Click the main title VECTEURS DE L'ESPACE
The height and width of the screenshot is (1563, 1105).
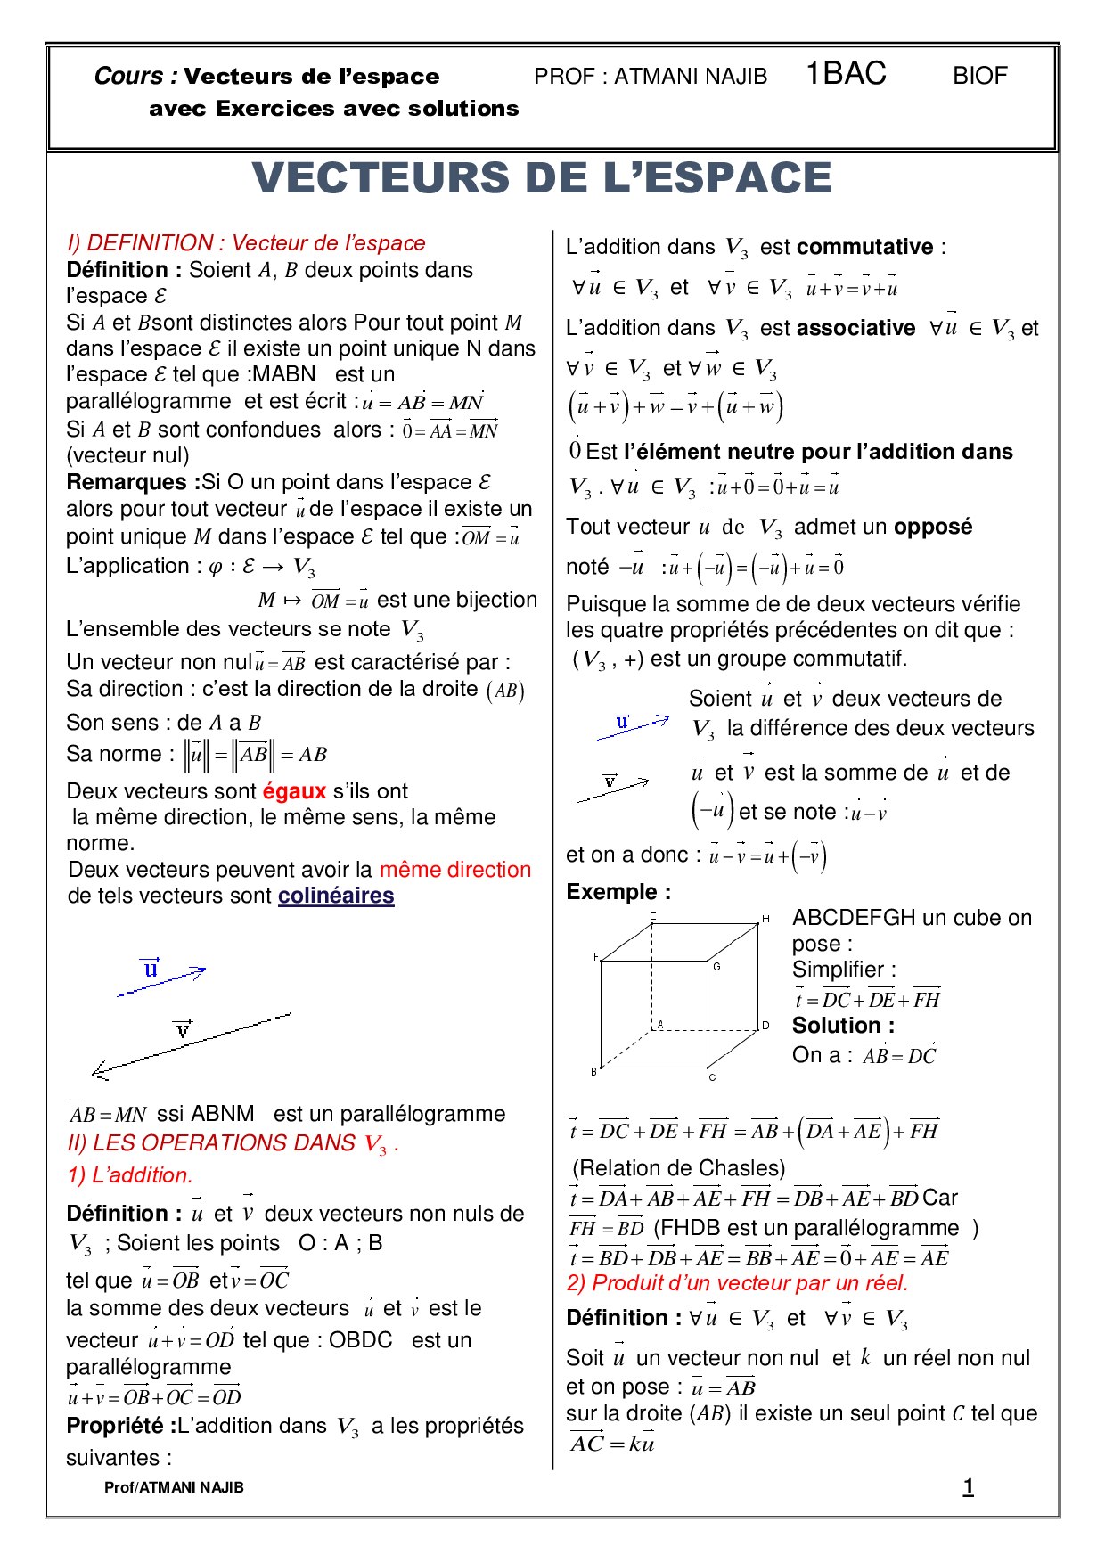[x=542, y=177]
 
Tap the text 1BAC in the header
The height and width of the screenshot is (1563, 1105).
[x=846, y=73]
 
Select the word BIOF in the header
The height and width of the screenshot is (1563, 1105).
[x=979, y=76]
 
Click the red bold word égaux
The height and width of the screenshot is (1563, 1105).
[x=294, y=791]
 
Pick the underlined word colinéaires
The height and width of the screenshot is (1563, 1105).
[x=336, y=896]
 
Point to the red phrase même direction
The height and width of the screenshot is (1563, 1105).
[x=454, y=870]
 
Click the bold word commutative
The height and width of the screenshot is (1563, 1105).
[x=864, y=247]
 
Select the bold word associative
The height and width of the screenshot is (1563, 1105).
[x=855, y=328]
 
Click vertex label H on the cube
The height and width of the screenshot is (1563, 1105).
[x=765, y=919]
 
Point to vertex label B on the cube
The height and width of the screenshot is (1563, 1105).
[x=593, y=1071]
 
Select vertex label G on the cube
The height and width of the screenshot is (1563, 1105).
[x=716, y=966]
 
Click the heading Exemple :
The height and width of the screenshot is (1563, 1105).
[x=618, y=892]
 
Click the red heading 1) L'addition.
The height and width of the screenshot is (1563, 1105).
[x=130, y=1175]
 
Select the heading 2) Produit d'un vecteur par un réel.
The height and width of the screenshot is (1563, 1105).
[x=737, y=1283]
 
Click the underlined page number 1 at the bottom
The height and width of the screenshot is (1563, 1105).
[x=968, y=1486]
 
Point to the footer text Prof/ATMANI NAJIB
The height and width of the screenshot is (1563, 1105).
[x=174, y=1487]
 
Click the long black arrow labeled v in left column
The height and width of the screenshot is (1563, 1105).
[x=192, y=1043]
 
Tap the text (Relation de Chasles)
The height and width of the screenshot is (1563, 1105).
[x=678, y=1168]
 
